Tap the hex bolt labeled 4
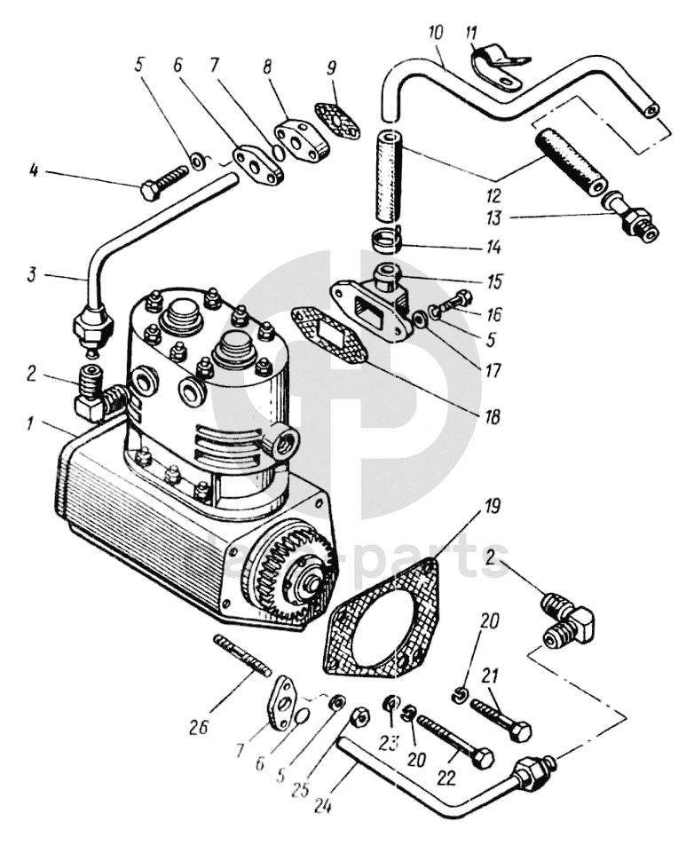click(164, 184)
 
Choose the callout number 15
click(495, 281)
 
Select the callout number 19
click(492, 510)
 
